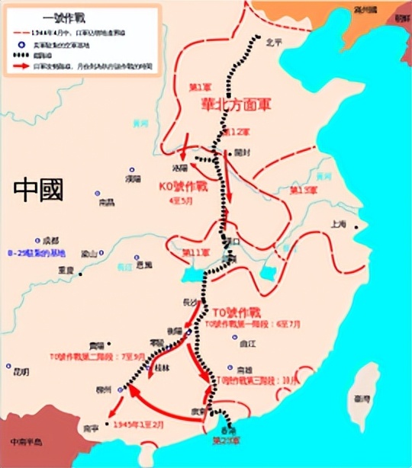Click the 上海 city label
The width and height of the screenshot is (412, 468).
339,224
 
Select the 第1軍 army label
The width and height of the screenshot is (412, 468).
201,88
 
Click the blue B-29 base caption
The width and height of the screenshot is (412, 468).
37,253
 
